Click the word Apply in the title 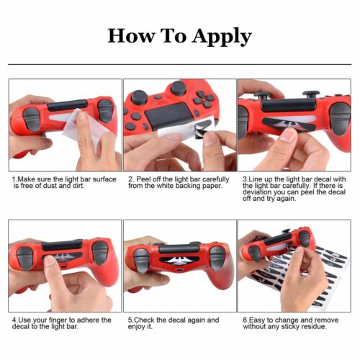(222, 37)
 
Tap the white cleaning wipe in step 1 (83, 127)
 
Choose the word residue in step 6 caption (314, 327)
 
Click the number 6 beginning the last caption (245, 320)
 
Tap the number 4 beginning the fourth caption (14, 320)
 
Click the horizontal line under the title (180, 64)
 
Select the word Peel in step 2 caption (142, 179)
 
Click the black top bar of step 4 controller (62, 245)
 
